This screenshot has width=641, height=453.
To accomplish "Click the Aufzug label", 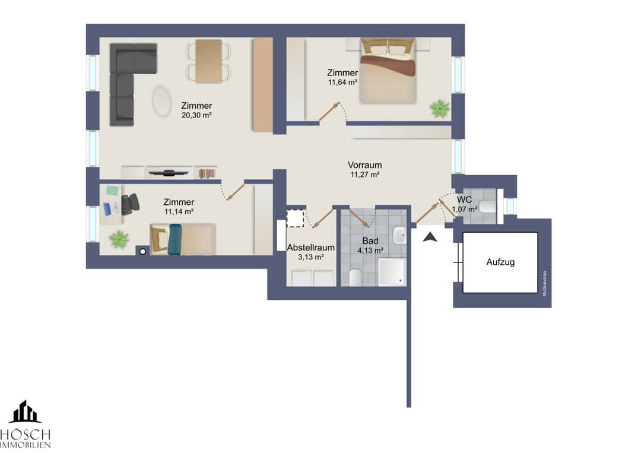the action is click(500, 262).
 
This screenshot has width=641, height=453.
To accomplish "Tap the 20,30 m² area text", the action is click(196, 115).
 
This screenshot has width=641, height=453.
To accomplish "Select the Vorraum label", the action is click(364, 165).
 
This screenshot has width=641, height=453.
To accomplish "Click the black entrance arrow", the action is click(430, 237).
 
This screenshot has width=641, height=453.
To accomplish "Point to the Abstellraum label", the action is click(310, 248).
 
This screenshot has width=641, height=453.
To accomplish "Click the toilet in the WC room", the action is click(487, 207).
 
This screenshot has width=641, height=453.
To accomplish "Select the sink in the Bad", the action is click(399, 235).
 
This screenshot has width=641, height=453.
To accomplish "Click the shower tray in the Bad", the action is click(392, 272).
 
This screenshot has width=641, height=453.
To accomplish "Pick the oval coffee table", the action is click(162, 101).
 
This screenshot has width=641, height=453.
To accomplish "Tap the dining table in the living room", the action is click(208, 61).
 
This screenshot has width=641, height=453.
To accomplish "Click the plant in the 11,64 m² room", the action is click(439, 108).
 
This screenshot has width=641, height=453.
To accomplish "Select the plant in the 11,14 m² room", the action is click(119, 239).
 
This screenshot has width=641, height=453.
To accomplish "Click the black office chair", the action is click(130, 204).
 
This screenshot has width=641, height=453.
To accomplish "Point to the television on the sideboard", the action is click(168, 173).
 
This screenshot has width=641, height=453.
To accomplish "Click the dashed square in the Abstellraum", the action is click(295, 218).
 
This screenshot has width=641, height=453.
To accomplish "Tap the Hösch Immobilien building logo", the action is click(26, 411).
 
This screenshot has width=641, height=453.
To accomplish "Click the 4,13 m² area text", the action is click(370, 250).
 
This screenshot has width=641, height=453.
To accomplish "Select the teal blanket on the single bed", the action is click(174, 240).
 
